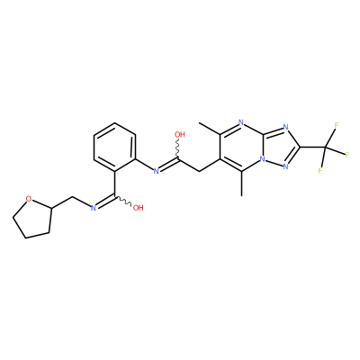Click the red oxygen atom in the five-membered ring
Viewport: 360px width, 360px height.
29,199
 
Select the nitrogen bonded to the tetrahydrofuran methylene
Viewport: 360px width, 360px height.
93,208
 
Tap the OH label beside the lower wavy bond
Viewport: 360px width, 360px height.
138,208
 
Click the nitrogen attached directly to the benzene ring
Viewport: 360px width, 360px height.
156,171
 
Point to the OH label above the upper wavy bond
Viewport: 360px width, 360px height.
180,135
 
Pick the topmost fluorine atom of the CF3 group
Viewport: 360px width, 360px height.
337,125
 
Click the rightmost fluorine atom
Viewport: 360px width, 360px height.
347,155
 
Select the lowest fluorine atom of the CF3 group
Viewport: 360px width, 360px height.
320,171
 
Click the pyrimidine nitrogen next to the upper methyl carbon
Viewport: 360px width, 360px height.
241,122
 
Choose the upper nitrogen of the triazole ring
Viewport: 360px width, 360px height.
285,128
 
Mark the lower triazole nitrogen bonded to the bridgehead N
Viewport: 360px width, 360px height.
285,166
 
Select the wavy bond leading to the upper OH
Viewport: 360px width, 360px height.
179,149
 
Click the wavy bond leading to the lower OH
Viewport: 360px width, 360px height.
123,201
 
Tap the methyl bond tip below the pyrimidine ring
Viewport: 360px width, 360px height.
241,195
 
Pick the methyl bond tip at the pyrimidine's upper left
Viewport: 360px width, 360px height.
199,122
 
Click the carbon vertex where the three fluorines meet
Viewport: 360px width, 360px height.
326,147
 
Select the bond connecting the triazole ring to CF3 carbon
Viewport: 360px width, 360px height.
313,147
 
